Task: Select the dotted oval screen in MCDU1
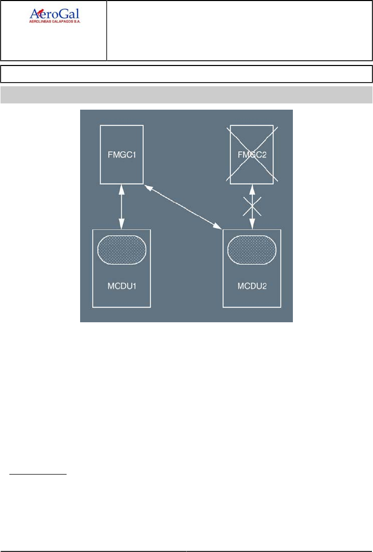point(122,249)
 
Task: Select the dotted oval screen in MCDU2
point(252,249)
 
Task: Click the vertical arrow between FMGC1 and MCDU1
point(122,206)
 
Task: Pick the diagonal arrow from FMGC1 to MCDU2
point(182,206)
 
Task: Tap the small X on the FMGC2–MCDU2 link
point(252,206)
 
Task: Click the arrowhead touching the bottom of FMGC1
point(122,187)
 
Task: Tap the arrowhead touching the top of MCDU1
point(122,226)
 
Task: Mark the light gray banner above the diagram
point(186,95)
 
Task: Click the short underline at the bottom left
point(37,474)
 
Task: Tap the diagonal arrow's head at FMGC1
point(147,186)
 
